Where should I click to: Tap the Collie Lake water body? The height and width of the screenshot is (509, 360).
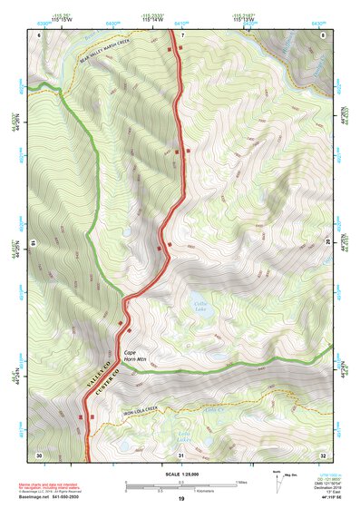(200, 307)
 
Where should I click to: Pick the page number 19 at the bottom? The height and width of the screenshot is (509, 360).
(180, 499)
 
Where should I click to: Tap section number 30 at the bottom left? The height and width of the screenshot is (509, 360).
(39, 455)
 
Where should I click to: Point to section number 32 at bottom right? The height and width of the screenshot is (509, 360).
(324, 455)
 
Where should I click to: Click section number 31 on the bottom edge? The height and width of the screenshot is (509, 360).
(181, 455)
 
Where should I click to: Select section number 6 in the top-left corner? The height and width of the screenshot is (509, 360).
(39, 34)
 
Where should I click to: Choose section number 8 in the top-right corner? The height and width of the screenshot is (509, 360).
(324, 34)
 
